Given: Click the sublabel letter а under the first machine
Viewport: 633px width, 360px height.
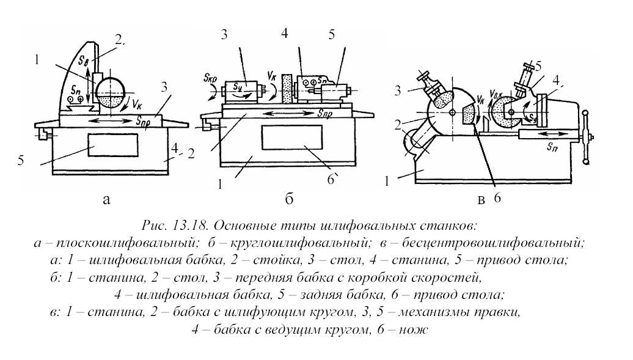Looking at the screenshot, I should [x=108, y=199].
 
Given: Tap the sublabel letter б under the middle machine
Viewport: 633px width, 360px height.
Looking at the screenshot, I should [x=290, y=199].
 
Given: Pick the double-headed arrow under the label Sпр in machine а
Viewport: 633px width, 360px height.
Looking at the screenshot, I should [x=108, y=122].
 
